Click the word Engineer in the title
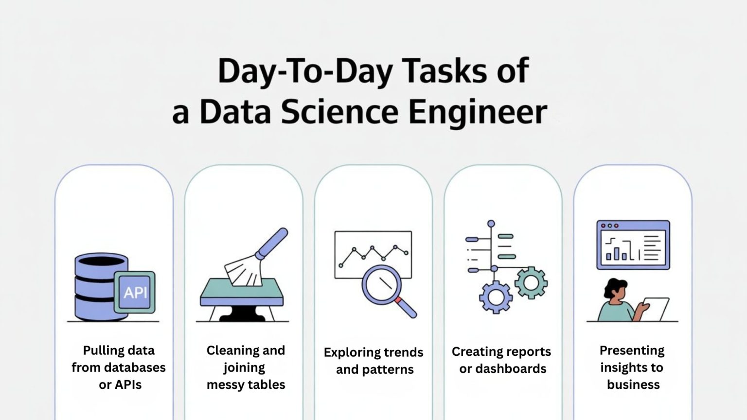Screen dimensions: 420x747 pyautogui.click(x=478, y=112)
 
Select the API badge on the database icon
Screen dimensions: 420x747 pyautogui.click(x=135, y=292)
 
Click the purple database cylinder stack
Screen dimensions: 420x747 pyautogui.click(x=93, y=287)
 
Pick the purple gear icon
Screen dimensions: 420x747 pyautogui.click(x=496, y=297)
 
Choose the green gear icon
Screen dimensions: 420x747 pyautogui.click(x=531, y=282)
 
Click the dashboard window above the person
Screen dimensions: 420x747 pyautogui.click(x=633, y=245)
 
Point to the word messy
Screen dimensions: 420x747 pyautogui.click(x=226, y=385)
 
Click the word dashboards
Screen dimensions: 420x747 pyautogui.click(x=511, y=369)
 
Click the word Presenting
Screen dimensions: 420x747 pyautogui.click(x=632, y=350)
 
